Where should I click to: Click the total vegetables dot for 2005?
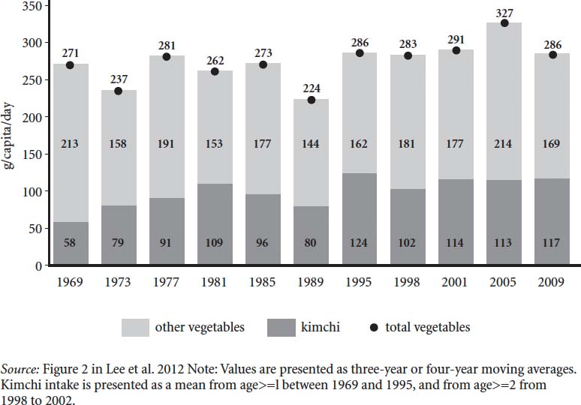pyautogui.click(x=504, y=23)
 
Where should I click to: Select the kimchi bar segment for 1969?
pyautogui.click(x=71, y=244)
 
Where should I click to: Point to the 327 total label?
pyautogui.click(x=504, y=11)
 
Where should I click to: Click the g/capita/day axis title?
pyautogui.click(x=11, y=135)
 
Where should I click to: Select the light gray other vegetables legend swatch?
pyautogui.click(x=135, y=326)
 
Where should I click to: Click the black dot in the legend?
pyautogui.click(x=374, y=327)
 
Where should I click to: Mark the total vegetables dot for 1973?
pyautogui.click(x=119, y=91)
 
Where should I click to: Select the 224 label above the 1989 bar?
pyautogui.click(x=311, y=88)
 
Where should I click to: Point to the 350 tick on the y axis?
pyautogui.click(x=33, y=6)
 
